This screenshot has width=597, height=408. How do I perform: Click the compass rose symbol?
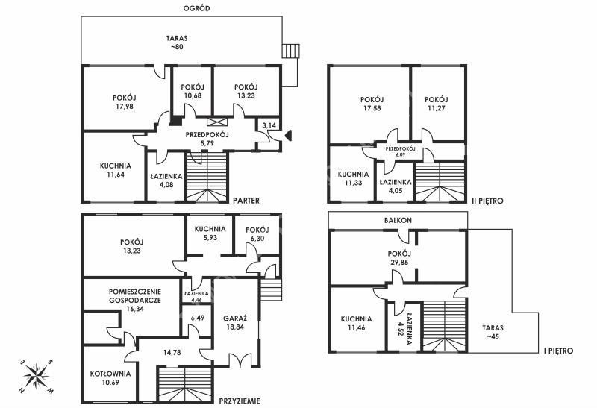[37, 376]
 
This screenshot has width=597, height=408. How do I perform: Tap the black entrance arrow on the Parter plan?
[288, 136]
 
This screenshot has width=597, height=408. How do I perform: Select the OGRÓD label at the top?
[196, 8]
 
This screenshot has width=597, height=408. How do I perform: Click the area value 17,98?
[125, 107]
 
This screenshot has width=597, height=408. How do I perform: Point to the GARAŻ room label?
[235, 318]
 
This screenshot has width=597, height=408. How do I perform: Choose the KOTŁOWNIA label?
[110, 374]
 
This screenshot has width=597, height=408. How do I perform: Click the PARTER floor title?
[246, 200]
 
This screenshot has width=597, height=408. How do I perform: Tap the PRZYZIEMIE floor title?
[240, 401]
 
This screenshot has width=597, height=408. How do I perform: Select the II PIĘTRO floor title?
[488, 201]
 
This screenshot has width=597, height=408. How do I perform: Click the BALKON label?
[398, 220]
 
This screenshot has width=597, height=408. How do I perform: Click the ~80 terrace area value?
[177, 47]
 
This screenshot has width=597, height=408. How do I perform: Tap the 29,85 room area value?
[399, 263]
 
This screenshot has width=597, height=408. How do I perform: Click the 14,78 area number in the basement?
[172, 353]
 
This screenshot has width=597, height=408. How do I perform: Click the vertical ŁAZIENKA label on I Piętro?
[409, 329]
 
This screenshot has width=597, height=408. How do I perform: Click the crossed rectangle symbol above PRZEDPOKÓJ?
[217, 122]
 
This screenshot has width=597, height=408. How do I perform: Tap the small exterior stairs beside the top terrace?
[291, 51]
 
